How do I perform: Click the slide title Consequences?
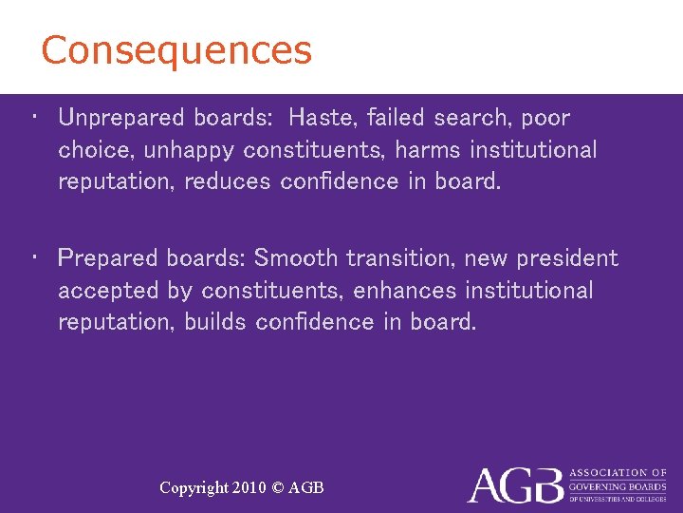click(x=176, y=50)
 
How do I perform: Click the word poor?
click(x=545, y=118)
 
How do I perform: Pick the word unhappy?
click(x=190, y=150)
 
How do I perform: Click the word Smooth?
click(x=296, y=258)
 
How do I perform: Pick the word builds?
click(x=215, y=322)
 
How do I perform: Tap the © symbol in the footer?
click(x=277, y=487)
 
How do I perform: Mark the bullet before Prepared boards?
click(x=34, y=256)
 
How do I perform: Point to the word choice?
click(x=96, y=150)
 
